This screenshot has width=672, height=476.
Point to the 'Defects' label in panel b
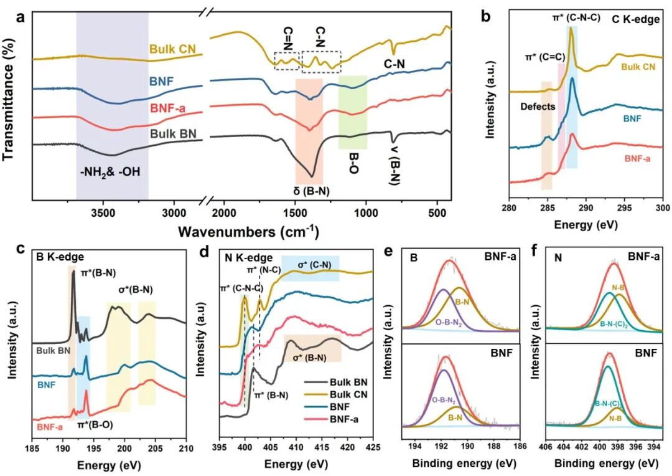[x=538, y=107]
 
